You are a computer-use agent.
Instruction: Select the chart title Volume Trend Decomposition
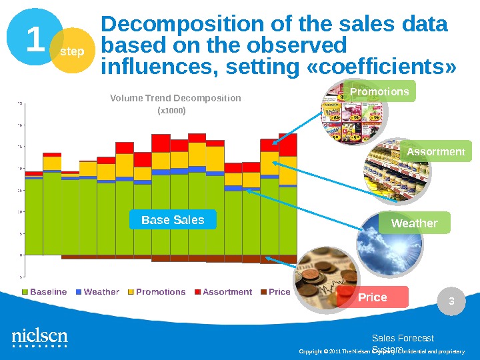point(175,99)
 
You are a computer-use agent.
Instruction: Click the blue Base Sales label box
point(173,219)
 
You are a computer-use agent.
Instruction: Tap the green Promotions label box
point(380,91)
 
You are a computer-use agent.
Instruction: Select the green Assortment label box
point(435,151)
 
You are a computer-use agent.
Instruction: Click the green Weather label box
point(414,223)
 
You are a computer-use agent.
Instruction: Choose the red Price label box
point(373,297)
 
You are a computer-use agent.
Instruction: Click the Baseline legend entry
point(45,292)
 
